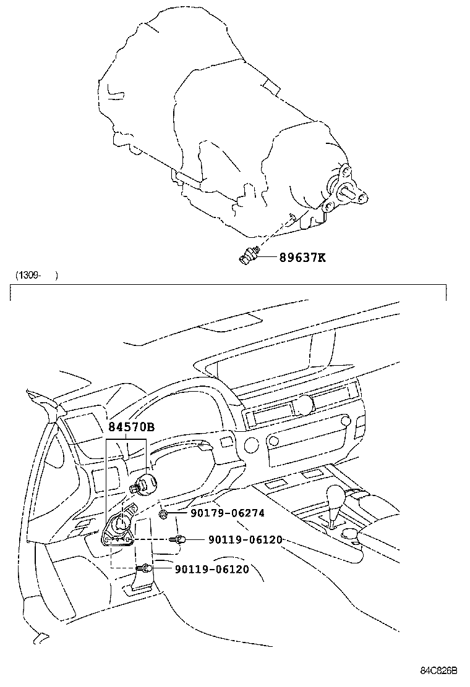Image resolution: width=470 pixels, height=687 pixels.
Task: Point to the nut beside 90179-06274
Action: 163,513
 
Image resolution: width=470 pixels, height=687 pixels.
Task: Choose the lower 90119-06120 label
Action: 211,569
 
